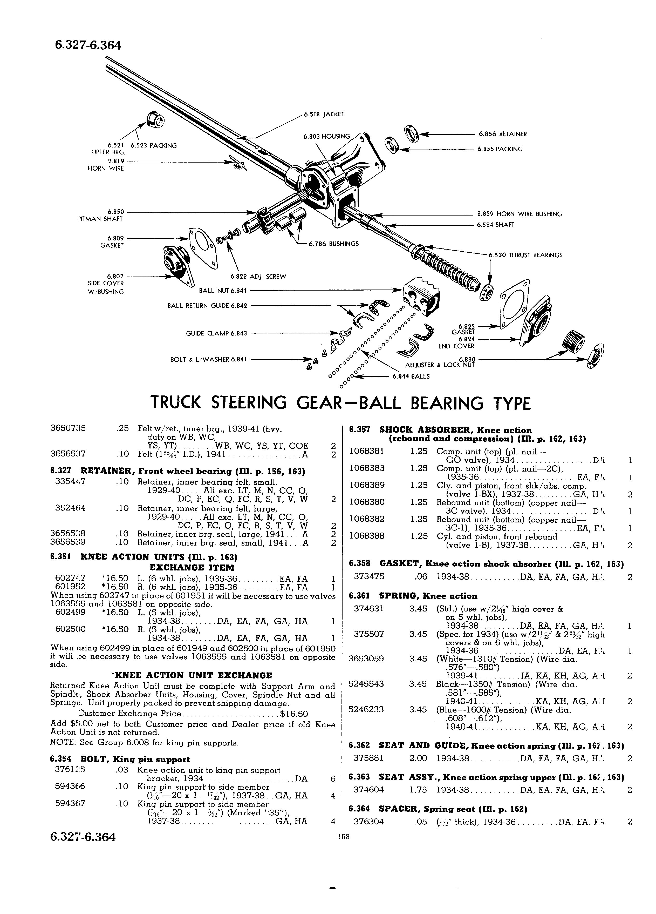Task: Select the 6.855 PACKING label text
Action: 500,149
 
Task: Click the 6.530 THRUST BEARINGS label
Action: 525,255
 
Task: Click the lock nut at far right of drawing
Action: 595,355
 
